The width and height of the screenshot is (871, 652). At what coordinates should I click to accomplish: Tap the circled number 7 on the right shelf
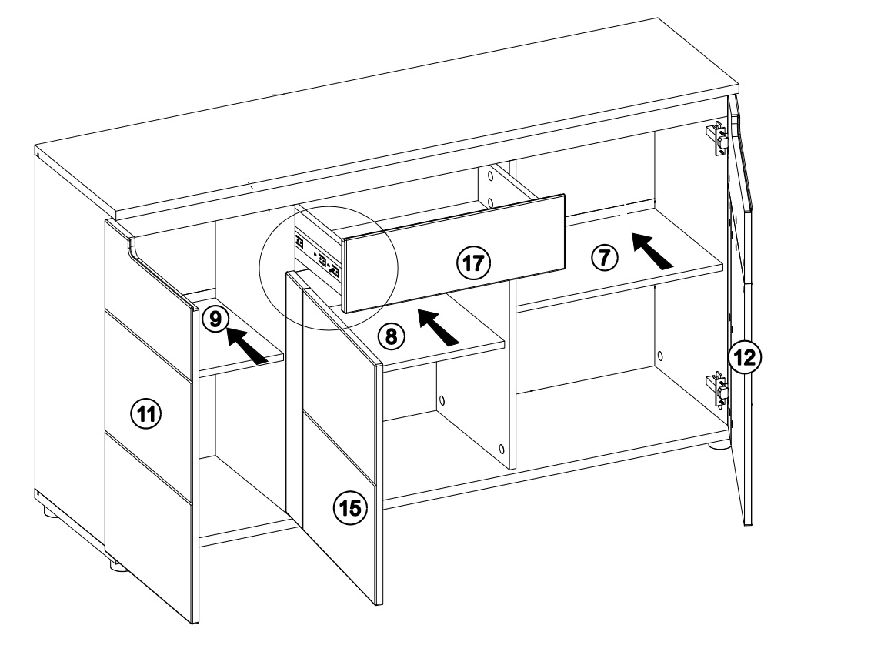[604, 258]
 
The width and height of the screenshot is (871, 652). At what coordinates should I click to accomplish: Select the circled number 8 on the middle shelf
[391, 335]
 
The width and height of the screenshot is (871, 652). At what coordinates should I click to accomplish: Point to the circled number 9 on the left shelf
[215, 318]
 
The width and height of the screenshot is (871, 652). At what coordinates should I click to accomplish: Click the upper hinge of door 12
[719, 139]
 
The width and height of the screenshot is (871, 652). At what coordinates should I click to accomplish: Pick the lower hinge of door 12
[719, 389]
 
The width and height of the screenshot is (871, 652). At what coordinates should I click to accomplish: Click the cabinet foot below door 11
[117, 567]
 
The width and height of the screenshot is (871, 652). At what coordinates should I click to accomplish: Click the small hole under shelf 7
[659, 356]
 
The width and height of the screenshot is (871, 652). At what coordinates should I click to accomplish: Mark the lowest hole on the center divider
[501, 448]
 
